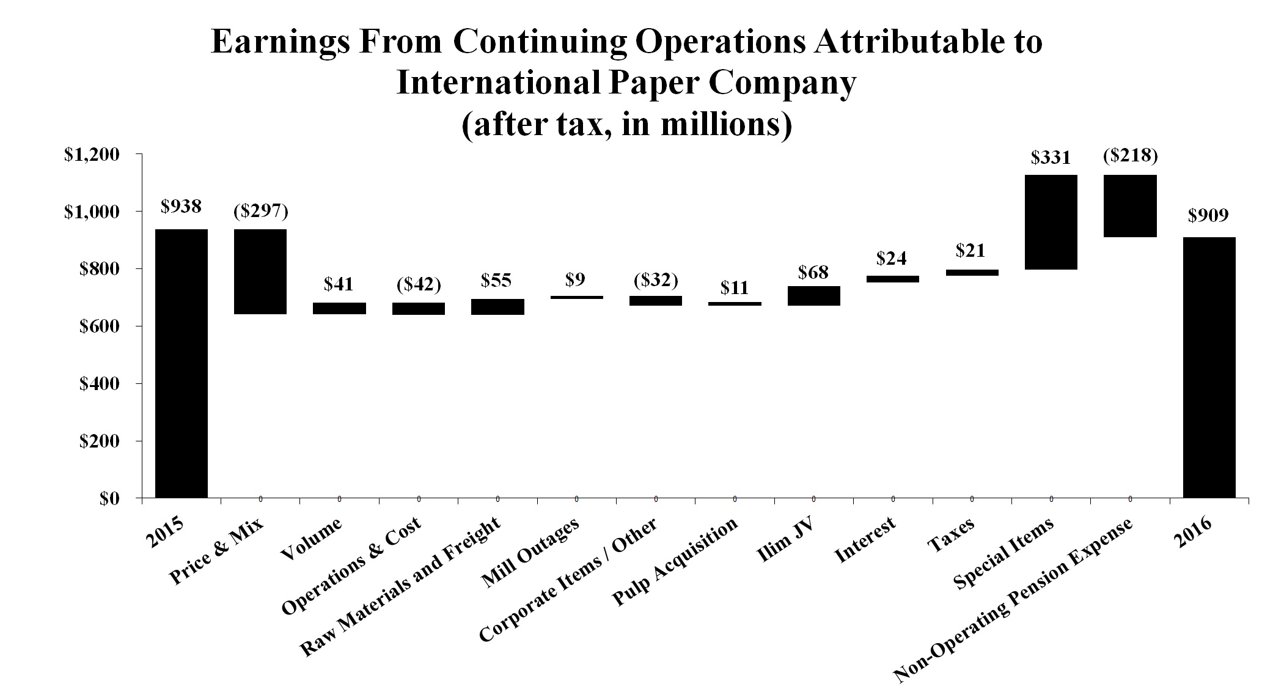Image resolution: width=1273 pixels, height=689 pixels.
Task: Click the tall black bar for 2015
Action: pyautogui.click(x=182, y=363)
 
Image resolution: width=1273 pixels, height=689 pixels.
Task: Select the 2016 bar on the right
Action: pyautogui.click(x=1209, y=367)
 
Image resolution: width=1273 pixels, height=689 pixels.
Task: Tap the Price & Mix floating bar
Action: pyautogui.click(x=260, y=271)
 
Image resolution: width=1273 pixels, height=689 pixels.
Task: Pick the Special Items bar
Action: pyautogui.click(x=1051, y=222)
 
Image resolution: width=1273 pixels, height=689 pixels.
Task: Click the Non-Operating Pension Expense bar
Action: pyautogui.click(x=1130, y=206)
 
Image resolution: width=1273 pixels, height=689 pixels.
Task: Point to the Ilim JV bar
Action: pyautogui.click(x=813, y=296)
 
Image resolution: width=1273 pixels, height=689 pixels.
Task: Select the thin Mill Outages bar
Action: pyautogui.click(x=576, y=298)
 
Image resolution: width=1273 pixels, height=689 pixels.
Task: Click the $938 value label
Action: pyautogui.click(x=181, y=207)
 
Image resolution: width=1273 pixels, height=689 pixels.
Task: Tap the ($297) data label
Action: pyautogui.click(x=260, y=212)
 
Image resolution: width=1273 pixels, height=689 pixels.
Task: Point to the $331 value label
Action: pyautogui.click(x=1051, y=158)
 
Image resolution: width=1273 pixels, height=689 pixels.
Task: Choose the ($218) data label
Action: pyautogui.click(x=1130, y=156)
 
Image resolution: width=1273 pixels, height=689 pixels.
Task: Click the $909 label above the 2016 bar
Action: pyautogui.click(x=1208, y=215)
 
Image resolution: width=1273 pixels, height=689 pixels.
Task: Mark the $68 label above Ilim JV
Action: pyautogui.click(x=813, y=272)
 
